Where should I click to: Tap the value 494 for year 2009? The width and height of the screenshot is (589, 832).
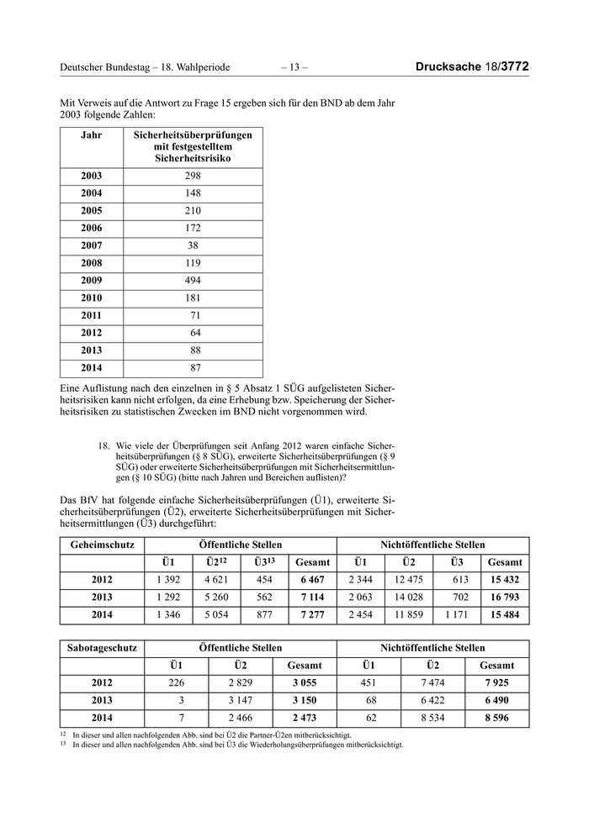193,280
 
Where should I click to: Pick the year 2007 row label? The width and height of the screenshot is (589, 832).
92,245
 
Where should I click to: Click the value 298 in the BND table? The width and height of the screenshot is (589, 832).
193,176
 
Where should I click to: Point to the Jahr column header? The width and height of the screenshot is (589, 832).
92,134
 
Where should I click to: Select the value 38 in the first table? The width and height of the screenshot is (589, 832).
193,245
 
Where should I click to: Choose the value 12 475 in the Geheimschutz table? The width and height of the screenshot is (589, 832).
409,580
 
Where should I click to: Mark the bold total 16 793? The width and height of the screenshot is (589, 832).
505,598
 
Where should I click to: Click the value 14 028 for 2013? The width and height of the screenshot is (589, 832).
409,598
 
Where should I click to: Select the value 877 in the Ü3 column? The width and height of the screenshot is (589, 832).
264,615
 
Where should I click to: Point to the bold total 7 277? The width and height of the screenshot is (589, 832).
313,615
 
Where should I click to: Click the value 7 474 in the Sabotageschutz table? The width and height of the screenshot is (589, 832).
432,683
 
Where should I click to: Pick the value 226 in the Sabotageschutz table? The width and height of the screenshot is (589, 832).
176,683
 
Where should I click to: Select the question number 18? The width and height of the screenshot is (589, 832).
105,445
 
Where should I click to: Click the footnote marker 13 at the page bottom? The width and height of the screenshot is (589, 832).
63,744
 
